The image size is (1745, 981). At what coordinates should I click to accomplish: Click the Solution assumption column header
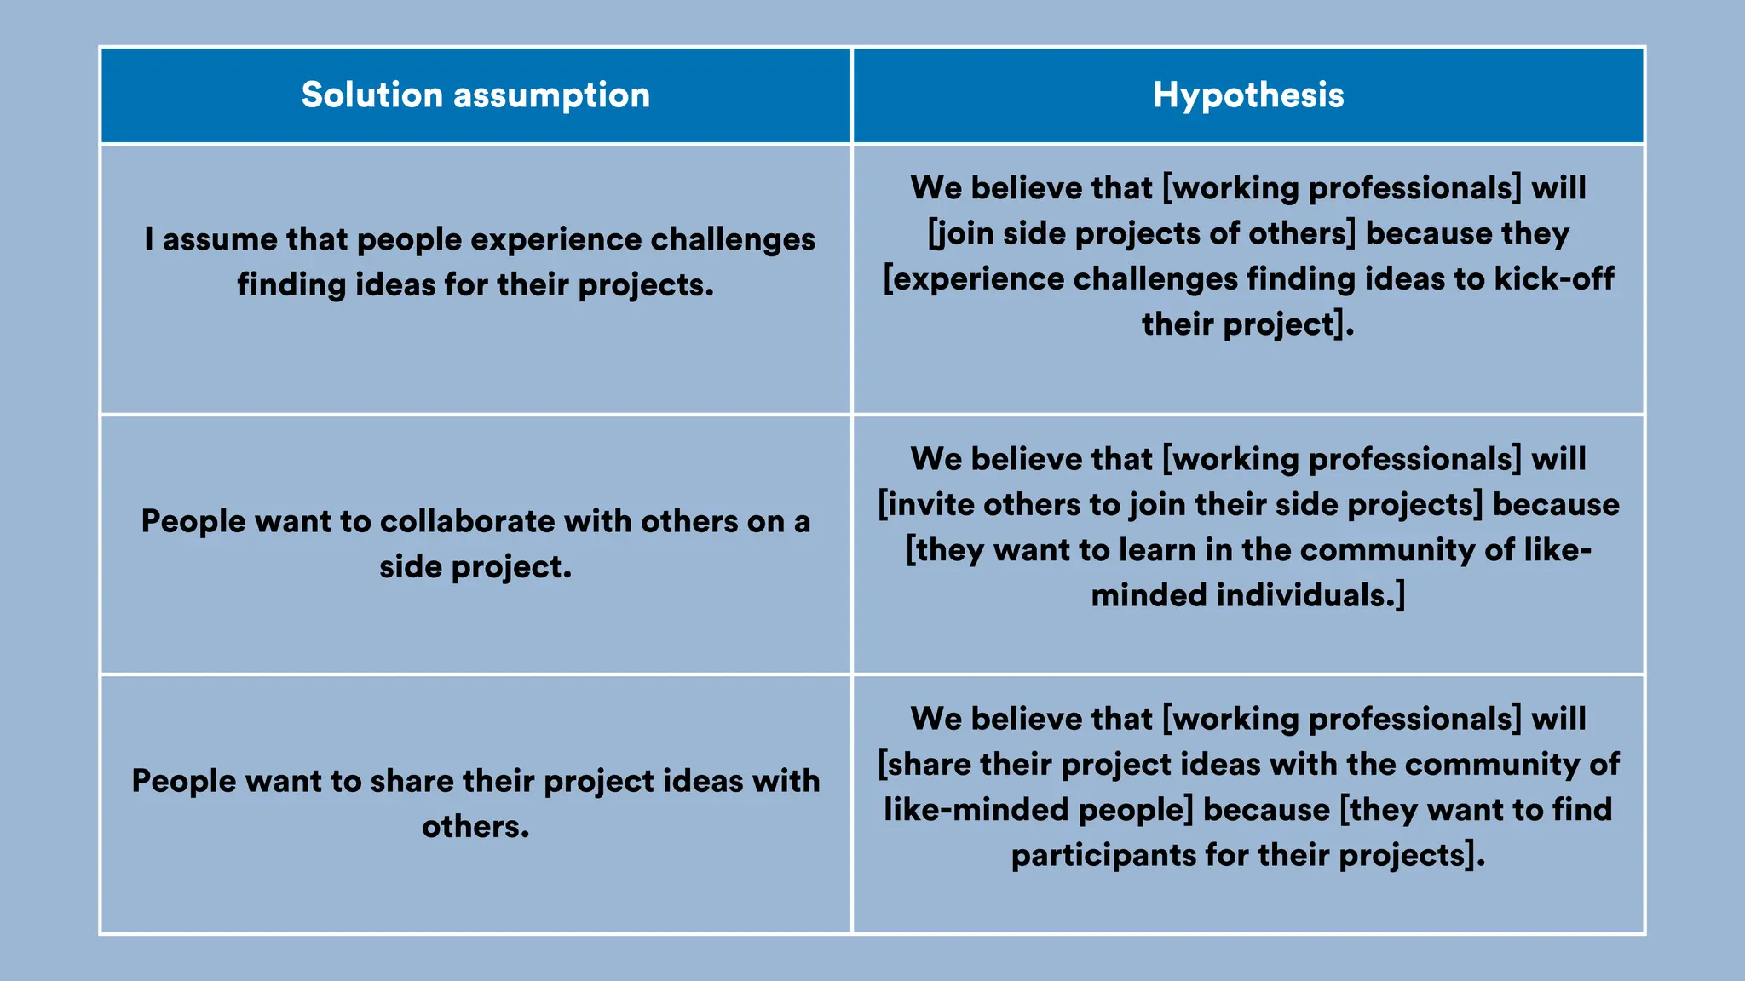point(475,95)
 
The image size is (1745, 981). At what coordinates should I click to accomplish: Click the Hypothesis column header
point(1248,95)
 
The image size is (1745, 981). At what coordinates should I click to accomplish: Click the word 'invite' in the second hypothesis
point(930,505)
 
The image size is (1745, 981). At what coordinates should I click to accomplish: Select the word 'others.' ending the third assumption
point(475,827)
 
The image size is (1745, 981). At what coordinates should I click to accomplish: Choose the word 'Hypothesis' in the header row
point(1248,95)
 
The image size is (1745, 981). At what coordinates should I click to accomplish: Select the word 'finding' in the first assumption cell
point(291,285)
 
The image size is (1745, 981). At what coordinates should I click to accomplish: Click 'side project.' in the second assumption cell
point(475,567)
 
